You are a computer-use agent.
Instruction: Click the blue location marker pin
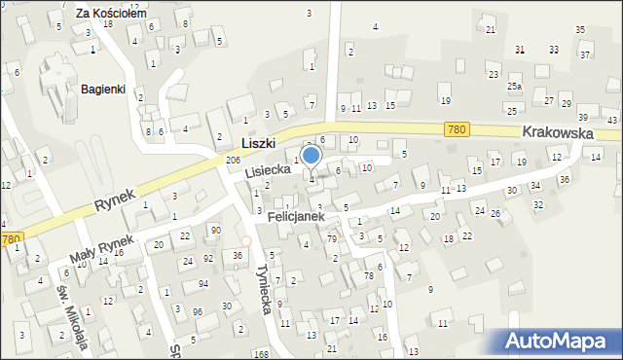coord(311,156)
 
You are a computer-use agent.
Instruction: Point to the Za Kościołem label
coord(111,14)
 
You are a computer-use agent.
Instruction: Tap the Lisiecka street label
coord(268,169)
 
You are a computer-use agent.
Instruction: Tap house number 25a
coord(514,87)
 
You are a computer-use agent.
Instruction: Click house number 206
coord(233,160)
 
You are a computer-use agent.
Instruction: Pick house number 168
coord(262,355)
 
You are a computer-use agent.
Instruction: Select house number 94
coord(202,283)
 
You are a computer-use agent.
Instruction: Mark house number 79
coord(331,238)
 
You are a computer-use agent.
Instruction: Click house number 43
coord(611,119)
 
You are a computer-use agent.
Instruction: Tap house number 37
coord(585,54)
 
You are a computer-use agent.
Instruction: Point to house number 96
coord(198,311)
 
